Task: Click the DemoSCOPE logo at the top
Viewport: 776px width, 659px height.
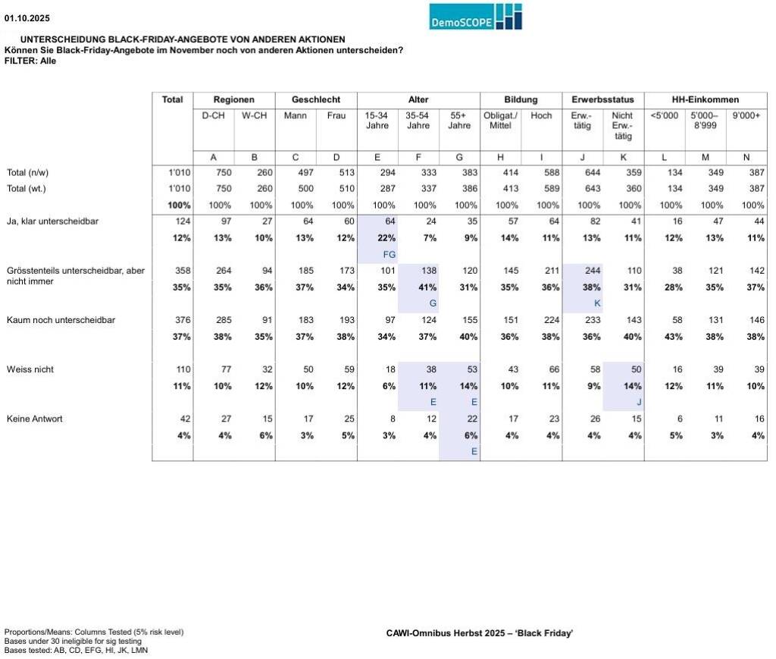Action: tap(475, 17)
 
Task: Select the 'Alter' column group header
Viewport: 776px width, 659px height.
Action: tap(418, 99)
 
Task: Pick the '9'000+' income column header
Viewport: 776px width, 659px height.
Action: tap(746, 115)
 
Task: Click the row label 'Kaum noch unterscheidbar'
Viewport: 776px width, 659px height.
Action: tap(61, 320)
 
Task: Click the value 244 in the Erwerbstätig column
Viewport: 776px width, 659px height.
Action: tap(584, 271)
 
